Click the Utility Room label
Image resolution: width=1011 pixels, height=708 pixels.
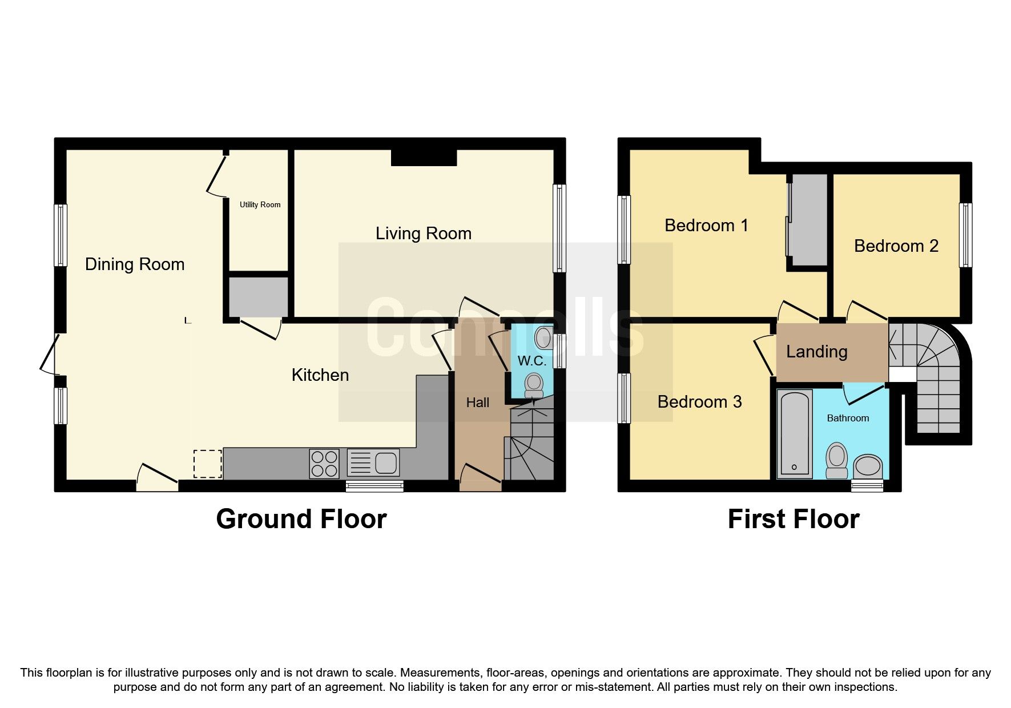click(x=260, y=204)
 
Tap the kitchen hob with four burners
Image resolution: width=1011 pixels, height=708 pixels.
click(x=324, y=463)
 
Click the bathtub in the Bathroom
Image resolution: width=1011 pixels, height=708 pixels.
click(x=795, y=433)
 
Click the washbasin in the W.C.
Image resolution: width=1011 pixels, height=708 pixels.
click(x=543, y=338)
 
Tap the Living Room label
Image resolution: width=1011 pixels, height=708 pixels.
click(x=423, y=233)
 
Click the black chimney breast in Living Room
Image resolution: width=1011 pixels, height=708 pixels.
click(x=424, y=158)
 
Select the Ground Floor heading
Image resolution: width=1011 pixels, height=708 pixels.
click(x=301, y=519)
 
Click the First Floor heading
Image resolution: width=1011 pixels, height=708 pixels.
click(x=793, y=519)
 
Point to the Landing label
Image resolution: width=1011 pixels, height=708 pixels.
click(x=816, y=351)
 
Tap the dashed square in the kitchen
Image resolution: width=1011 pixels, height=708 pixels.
click(x=208, y=464)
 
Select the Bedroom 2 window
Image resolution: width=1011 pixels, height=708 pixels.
click(x=965, y=235)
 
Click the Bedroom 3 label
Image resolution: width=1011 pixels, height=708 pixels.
click(x=699, y=401)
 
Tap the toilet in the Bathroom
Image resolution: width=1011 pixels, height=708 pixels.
click(x=837, y=460)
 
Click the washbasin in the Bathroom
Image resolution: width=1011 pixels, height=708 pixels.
click(x=868, y=466)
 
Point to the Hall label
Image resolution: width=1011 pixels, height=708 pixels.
click(x=477, y=403)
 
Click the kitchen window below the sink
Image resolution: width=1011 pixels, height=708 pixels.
click(x=374, y=486)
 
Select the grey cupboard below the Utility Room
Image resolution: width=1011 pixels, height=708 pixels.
click(x=258, y=297)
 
